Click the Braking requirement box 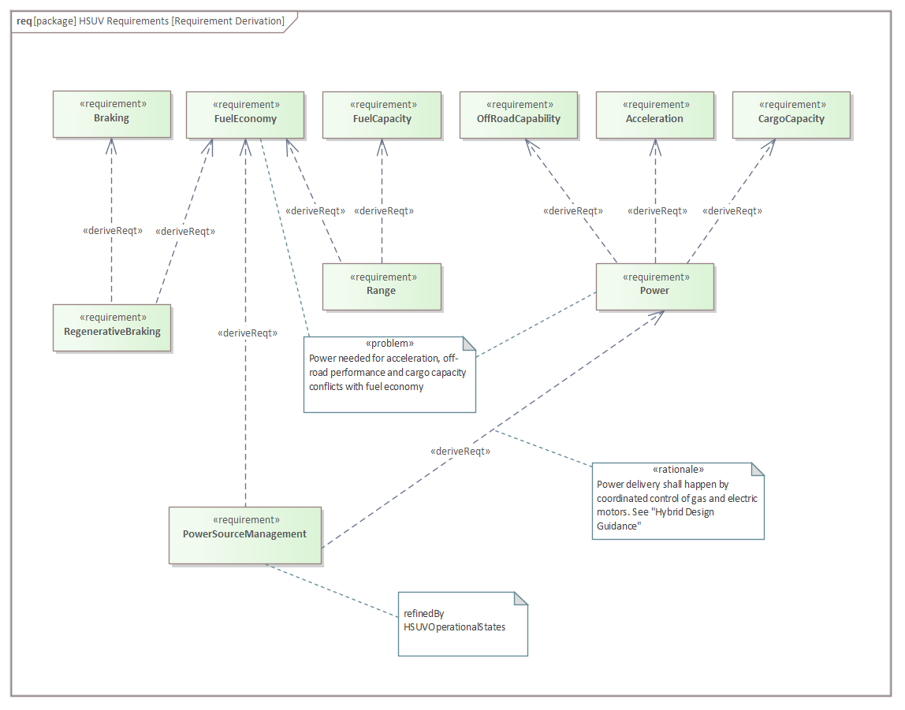[x=111, y=113]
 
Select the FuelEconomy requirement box [x=244, y=113]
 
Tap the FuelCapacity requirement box [x=382, y=113]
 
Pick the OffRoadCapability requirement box [x=518, y=113]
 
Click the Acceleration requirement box [x=654, y=113]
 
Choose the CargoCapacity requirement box [x=791, y=113]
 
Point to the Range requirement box [x=382, y=285]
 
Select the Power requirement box [x=654, y=285]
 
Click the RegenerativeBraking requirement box [x=111, y=326]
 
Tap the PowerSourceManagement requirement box [x=244, y=534]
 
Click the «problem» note [x=389, y=374]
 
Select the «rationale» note [x=678, y=500]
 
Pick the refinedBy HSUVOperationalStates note [x=462, y=623]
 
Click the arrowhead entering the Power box [x=658, y=314]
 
